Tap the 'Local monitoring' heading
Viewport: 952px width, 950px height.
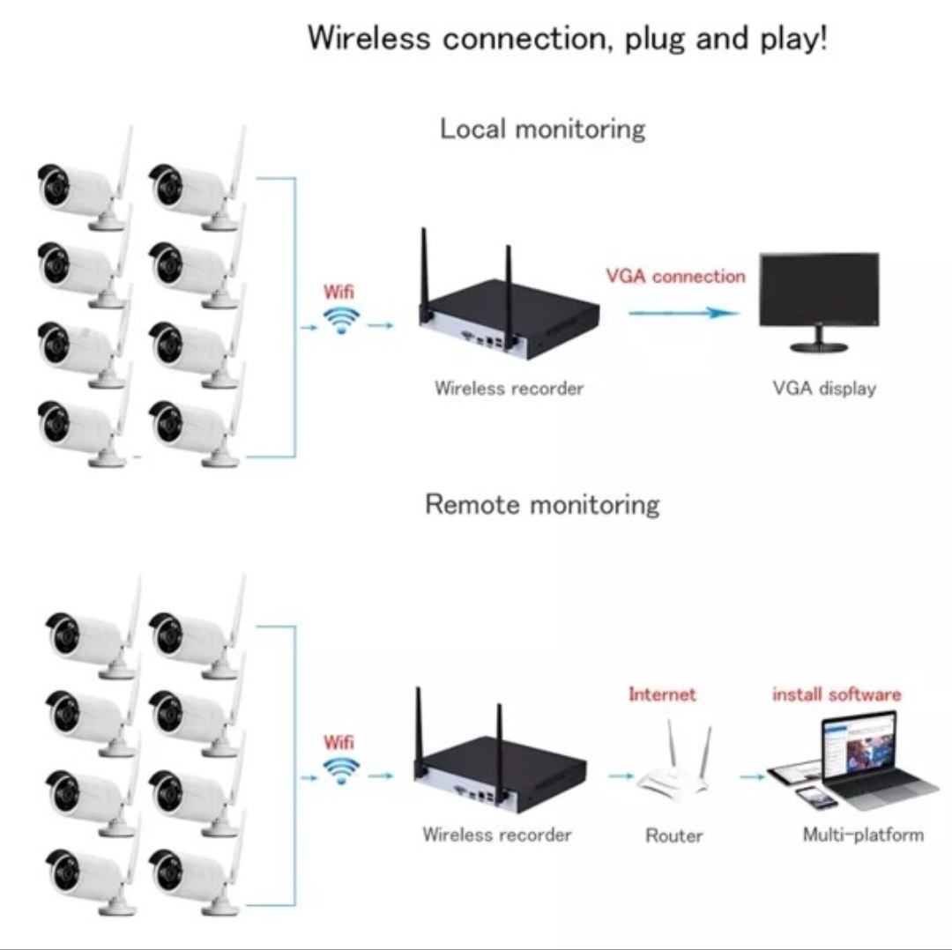pyautogui.click(x=542, y=130)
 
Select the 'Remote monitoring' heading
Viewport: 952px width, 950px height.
pyautogui.click(x=542, y=504)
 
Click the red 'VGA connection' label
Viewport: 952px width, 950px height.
pyautogui.click(x=675, y=276)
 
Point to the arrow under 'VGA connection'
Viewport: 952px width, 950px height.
pyautogui.click(x=684, y=313)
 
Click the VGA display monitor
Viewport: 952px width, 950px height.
pyautogui.click(x=818, y=301)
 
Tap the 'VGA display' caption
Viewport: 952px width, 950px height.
pyautogui.click(x=824, y=388)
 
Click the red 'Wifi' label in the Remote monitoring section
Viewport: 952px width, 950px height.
pyautogui.click(x=338, y=742)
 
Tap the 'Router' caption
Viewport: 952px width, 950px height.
pyautogui.click(x=674, y=836)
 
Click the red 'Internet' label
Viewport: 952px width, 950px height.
pyautogui.click(x=662, y=694)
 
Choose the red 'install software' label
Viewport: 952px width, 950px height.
pyautogui.click(x=837, y=694)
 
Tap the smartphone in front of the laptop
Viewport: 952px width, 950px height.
pyautogui.click(x=816, y=798)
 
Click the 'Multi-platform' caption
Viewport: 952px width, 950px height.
pyautogui.click(x=863, y=835)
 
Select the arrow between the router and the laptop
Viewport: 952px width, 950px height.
pyautogui.click(x=752, y=776)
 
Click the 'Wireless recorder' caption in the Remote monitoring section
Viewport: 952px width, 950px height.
pyautogui.click(x=496, y=835)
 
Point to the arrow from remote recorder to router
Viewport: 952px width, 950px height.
pyautogui.click(x=621, y=776)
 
